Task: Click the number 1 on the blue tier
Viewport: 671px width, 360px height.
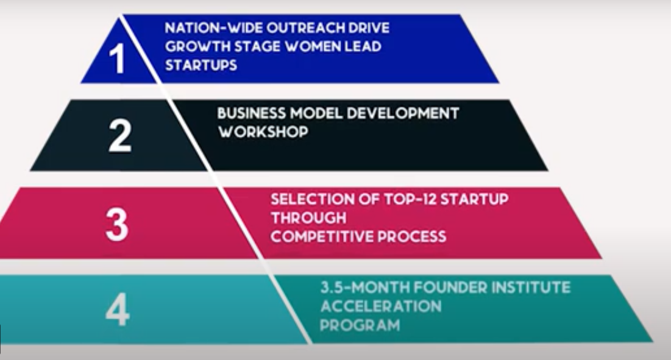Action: click(117, 58)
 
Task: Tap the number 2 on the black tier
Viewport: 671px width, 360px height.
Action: click(120, 135)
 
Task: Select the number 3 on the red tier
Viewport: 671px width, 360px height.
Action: click(117, 224)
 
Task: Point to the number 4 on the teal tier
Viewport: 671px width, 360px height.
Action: click(117, 310)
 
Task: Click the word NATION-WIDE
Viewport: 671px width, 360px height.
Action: click(213, 28)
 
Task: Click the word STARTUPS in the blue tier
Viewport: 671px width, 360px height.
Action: click(201, 65)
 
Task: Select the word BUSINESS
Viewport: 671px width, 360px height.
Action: click(251, 113)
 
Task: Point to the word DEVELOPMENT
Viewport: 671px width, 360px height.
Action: click(403, 113)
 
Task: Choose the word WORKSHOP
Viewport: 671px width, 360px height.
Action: click(263, 132)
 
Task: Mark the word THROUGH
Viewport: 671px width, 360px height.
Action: click(308, 218)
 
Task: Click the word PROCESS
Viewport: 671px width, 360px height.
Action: click(411, 236)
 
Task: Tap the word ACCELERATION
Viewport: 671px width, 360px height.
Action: click(381, 306)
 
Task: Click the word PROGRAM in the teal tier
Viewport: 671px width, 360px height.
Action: click(360, 325)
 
